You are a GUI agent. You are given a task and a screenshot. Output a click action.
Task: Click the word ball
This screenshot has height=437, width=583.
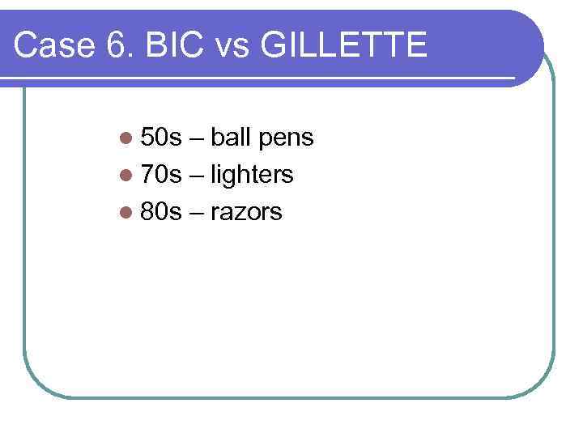coord(232,138)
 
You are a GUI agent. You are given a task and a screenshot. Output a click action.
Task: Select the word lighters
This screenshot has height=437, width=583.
coord(252,176)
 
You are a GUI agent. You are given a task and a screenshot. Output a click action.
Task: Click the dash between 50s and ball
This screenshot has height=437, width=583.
coord(197,139)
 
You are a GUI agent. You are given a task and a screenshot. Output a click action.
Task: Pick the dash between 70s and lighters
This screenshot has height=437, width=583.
coord(197,176)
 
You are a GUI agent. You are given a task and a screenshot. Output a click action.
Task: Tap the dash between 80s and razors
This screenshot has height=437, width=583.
coord(197,213)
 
